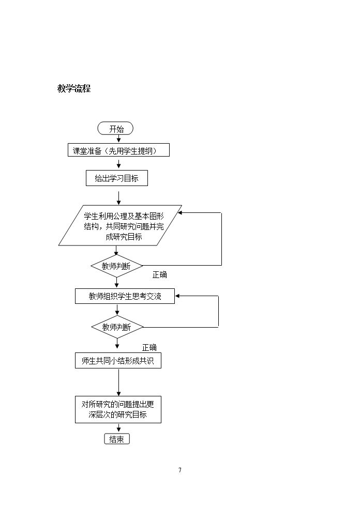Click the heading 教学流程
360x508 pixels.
pos(74,88)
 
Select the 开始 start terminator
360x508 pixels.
pos(115,129)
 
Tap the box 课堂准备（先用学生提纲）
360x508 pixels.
pos(118,150)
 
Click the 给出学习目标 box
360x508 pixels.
pos(117,178)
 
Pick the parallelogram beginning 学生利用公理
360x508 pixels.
pos(120,225)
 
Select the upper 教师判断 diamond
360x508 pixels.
pos(117,266)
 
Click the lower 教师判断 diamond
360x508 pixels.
pos(117,327)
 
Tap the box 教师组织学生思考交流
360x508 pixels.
pos(125,296)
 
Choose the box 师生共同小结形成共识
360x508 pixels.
pos(118,361)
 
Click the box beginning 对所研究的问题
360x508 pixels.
pos(118,409)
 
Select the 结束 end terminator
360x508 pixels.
pos(117,439)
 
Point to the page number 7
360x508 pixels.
pos(180,470)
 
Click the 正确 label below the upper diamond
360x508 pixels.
pos(159,275)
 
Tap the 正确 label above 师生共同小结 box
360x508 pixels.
pos(149,348)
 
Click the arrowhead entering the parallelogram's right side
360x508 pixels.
pos(179,213)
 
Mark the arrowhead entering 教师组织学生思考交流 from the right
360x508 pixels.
pos(177,296)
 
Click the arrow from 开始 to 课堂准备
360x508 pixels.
pos(118,139)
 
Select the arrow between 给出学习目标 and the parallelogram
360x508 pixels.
pos(118,198)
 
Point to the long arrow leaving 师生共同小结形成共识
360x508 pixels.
pos(118,382)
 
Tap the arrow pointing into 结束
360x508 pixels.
pos(118,428)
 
